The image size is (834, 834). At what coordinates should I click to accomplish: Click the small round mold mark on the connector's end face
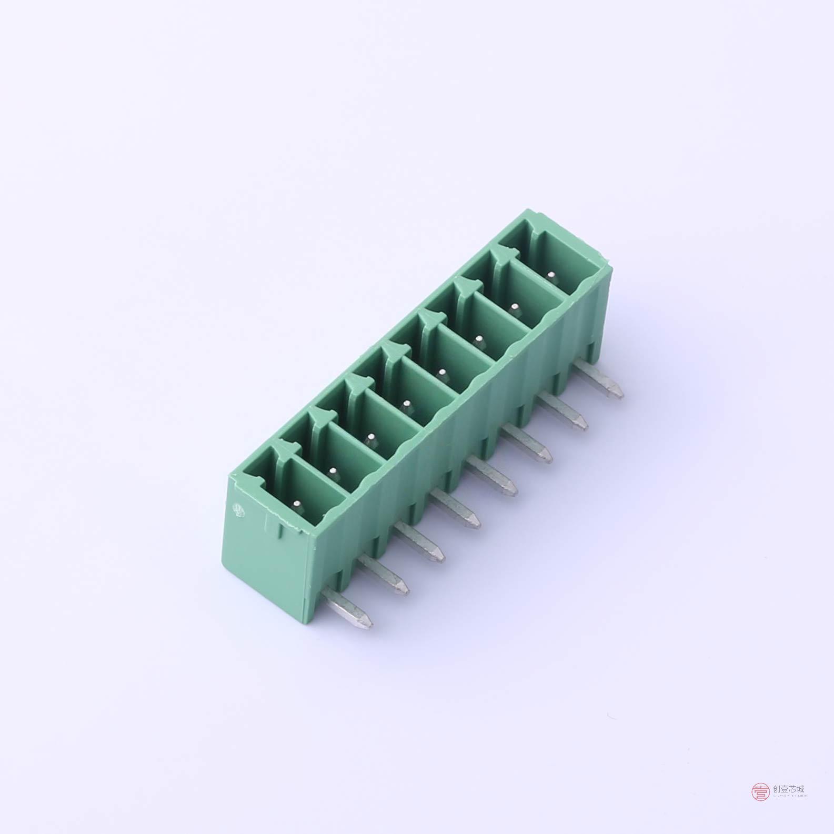[x=238, y=509]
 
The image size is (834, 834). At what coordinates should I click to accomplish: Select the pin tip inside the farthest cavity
[x=551, y=274]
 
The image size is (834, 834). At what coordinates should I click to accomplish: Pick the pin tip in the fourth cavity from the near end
[x=406, y=405]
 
